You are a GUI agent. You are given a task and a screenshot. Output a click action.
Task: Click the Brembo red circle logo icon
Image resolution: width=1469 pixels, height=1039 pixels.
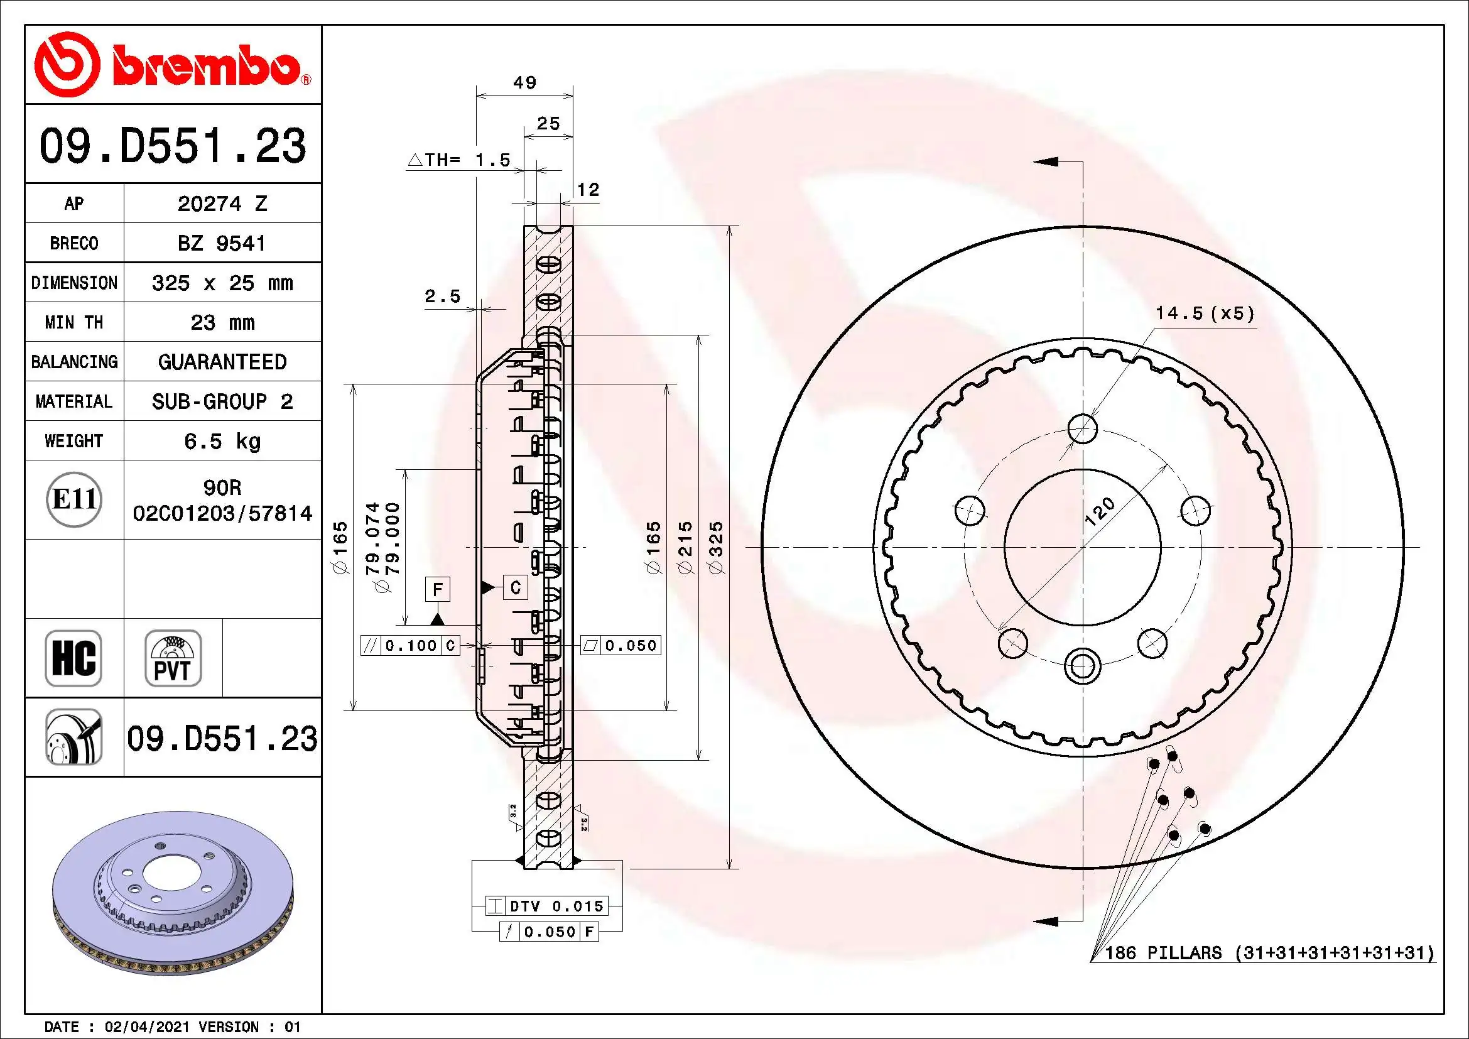pos(67,65)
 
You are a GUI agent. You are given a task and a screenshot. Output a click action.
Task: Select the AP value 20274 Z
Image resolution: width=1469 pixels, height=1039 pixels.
pos(222,204)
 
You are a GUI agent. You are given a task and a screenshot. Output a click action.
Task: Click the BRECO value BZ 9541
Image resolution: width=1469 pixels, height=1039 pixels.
pos(221,243)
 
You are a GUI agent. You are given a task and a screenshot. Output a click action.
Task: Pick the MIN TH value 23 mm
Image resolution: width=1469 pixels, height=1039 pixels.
pos(222,322)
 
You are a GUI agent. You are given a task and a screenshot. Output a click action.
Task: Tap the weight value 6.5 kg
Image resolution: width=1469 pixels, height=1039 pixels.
pos(222,441)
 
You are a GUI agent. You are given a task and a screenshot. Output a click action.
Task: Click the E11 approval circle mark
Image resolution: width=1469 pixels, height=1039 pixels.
pos(74,499)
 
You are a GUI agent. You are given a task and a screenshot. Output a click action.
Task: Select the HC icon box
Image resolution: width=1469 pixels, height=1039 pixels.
pos(73,658)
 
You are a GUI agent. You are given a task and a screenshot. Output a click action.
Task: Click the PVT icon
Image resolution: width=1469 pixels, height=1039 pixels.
pos(173,658)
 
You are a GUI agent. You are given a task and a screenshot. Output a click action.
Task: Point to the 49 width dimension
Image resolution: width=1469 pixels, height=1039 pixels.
pos(524,82)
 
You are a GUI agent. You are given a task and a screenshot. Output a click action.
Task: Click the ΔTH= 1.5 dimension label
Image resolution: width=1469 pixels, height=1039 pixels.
pos(459,160)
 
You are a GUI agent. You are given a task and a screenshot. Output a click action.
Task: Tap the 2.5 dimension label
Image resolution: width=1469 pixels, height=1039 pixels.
pos(442,296)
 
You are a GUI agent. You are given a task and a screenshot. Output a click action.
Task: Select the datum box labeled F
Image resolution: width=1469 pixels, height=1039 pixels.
pos(438,589)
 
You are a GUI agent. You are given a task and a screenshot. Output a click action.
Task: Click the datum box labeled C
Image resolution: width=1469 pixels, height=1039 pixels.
pos(516,587)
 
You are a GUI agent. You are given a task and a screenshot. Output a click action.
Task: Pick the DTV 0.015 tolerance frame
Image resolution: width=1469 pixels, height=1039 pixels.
pos(547,906)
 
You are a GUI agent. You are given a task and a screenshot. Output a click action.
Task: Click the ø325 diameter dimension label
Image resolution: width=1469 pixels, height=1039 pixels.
pos(717,547)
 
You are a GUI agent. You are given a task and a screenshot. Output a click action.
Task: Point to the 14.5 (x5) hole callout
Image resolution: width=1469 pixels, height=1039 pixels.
pos(1204,313)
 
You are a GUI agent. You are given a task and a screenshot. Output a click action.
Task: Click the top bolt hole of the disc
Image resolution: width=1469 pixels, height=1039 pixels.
pos(1083,428)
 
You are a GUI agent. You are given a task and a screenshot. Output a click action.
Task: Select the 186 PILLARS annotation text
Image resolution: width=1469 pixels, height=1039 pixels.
pos(1269,953)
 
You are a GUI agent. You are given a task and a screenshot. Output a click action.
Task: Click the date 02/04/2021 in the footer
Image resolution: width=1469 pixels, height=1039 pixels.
pos(146,1027)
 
